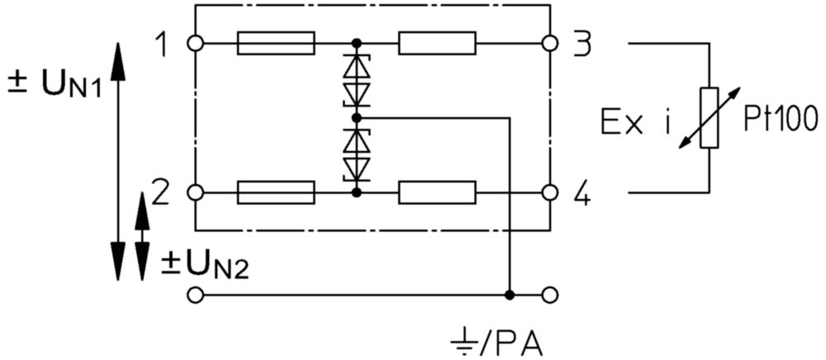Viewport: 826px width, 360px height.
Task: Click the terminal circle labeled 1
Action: click(x=195, y=43)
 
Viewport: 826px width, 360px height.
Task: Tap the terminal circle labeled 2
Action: click(x=195, y=192)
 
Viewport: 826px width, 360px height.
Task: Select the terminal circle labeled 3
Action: click(x=549, y=43)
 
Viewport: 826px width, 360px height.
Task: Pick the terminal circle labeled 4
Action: click(x=549, y=192)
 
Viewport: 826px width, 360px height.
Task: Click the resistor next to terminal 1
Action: click(x=276, y=43)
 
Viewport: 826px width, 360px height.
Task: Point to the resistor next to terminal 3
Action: click(x=437, y=43)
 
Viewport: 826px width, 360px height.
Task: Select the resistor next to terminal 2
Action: click(x=276, y=192)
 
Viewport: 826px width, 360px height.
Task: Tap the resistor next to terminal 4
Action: click(x=437, y=192)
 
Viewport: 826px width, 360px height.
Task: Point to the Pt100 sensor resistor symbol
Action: click(x=710, y=118)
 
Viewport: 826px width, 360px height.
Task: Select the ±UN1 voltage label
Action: click(x=55, y=85)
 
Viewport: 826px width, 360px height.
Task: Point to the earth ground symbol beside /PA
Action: click(x=461, y=346)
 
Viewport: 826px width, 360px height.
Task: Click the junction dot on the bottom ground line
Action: click(x=509, y=296)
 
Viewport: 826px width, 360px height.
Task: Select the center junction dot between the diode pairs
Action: click(x=357, y=117)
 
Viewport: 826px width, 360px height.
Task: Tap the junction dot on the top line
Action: click(x=357, y=43)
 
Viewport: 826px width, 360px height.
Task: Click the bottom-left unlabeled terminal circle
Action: click(x=195, y=296)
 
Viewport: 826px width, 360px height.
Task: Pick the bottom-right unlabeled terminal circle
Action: click(x=549, y=296)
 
